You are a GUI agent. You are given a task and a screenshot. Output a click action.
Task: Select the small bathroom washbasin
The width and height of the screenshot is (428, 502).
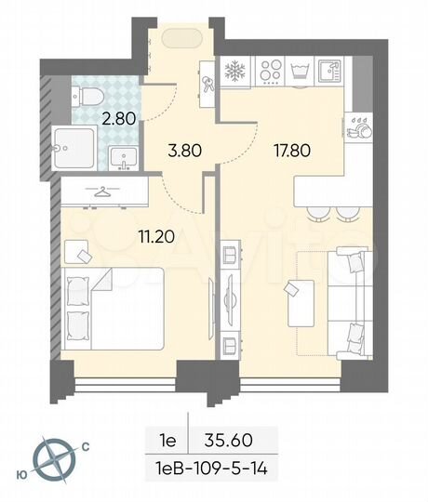121,158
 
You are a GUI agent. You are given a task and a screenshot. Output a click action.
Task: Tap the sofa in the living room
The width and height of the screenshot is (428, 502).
350,287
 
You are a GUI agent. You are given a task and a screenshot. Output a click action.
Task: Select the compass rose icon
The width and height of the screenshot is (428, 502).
53,457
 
